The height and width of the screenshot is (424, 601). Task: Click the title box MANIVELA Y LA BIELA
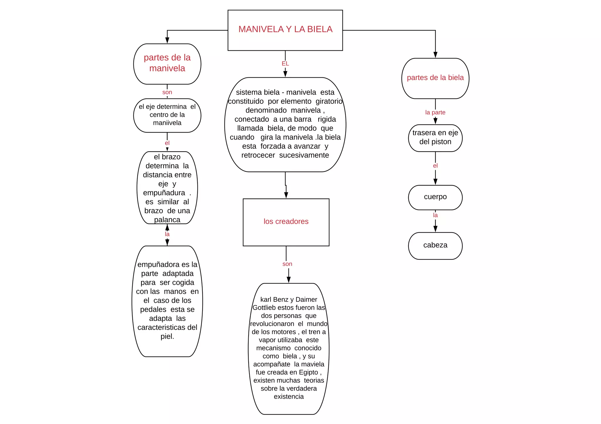[x=285, y=30]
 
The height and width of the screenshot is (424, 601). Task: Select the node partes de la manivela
[x=167, y=64]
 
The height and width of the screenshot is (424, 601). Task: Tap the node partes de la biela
[x=435, y=78]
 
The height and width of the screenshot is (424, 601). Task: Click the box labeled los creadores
[x=286, y=222]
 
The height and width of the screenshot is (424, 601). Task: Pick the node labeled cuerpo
[x=435, y=197]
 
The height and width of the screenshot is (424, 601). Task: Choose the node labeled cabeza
[x=435, y=246]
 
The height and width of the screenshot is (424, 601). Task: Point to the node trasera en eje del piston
[x=435, y=138]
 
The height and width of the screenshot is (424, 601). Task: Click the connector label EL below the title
[x=285, y=64]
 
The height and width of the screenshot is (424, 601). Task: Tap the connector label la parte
[x=435, y=112]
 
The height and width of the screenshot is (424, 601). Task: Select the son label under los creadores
[x=287, y=264]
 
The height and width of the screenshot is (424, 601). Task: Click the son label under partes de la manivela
[x=167, y=92]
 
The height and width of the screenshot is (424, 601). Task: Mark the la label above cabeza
[x=435, y=215]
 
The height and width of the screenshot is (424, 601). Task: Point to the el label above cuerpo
[x=435, y=166]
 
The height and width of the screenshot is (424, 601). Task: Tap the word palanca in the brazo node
[x=167, y=220]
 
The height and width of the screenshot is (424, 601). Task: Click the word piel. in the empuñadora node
[x=167, y=336]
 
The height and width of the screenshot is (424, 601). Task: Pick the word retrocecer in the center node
[x=258, y=155]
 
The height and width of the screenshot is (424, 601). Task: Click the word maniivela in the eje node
[x=167, y=123]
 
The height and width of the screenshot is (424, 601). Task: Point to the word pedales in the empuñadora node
[x=153, y=310]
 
